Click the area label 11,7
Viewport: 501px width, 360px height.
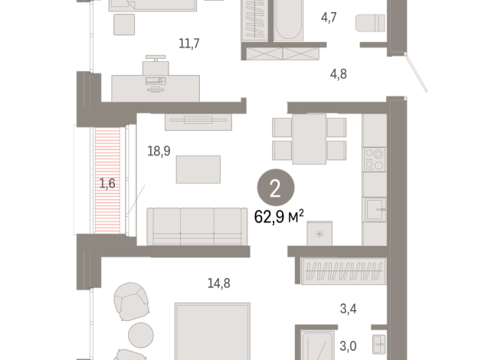[189, 43]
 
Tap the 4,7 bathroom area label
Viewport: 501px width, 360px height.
[329, 18]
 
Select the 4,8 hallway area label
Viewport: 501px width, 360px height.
[339, 74]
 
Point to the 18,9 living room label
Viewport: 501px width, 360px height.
[159, 151]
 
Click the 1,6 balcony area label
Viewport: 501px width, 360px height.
[107, 183]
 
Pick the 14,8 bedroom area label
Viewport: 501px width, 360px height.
[219, 283]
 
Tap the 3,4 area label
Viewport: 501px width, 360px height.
[349, 309]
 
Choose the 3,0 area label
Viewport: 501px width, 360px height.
[348, 346]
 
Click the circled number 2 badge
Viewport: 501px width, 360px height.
[276, 188]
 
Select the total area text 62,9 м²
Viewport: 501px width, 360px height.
[279, 217]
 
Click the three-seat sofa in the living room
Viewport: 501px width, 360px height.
[197, 227]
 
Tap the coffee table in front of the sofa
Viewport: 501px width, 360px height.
[198, 169]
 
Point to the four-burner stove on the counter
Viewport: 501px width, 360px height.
[374, 159]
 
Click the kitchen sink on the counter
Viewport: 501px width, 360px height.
[375, 210]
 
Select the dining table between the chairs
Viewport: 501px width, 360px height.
[309, 139]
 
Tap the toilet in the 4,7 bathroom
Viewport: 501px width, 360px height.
[370, 23]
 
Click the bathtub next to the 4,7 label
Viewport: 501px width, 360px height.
[288, 20]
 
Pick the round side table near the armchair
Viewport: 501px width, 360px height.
[141, 335]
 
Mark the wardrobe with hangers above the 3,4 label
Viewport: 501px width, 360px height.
[344, 271]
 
